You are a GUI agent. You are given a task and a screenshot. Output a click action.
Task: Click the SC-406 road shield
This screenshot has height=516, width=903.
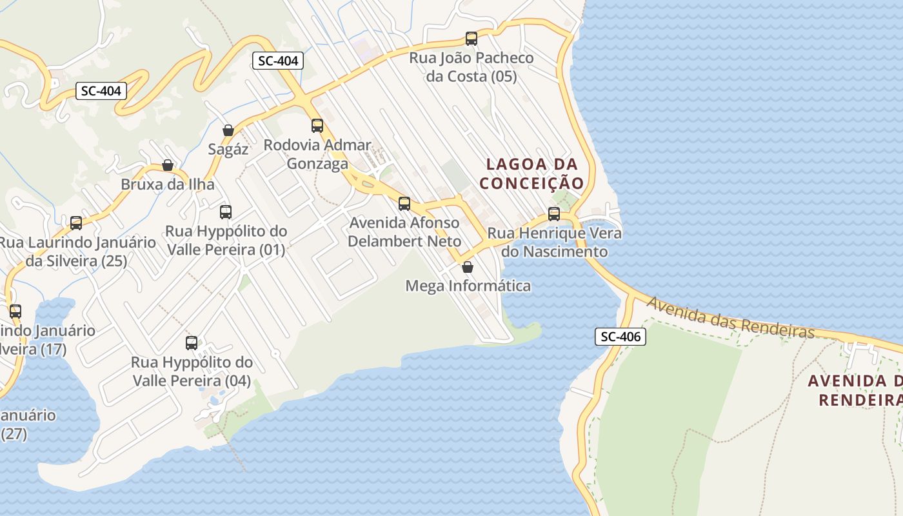[620, 336]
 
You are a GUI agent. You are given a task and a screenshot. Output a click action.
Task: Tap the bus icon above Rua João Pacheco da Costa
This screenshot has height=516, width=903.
[471, 39]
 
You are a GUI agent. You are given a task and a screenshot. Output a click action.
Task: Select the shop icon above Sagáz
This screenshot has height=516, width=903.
[228, 130]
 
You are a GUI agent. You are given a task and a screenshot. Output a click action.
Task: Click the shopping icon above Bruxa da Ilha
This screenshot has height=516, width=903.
[168, 165]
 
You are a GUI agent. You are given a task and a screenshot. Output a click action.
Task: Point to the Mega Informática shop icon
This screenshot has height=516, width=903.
[468, 267]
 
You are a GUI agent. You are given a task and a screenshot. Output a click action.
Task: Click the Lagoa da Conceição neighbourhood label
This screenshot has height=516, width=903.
[531, 174]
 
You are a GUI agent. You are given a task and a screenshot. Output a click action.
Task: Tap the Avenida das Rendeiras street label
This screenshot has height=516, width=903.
[731, 317]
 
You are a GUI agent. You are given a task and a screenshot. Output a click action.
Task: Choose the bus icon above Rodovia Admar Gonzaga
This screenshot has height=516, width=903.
[317, 126]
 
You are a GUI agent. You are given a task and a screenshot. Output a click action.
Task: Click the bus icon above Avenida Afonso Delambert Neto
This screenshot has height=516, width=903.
[404, 204]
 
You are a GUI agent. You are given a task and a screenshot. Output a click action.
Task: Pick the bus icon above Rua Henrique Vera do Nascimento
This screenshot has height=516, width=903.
[554, 214]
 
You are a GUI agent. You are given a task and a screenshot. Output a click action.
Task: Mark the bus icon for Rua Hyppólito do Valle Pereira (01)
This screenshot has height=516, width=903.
[226, 212]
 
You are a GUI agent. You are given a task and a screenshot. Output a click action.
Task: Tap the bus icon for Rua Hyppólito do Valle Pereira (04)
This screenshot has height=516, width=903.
[192, 343]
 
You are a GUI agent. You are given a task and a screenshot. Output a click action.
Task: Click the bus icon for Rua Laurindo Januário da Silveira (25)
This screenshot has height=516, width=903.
[76, 223]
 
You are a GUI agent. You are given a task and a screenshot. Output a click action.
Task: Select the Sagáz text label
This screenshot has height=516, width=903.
[228, 150]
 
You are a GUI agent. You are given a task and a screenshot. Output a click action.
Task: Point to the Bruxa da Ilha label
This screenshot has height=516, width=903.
[168, 184]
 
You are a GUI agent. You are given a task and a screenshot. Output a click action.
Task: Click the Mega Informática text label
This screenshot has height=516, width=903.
[468, 286]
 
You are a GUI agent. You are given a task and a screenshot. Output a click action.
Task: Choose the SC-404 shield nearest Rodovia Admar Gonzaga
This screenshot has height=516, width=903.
[278, 61]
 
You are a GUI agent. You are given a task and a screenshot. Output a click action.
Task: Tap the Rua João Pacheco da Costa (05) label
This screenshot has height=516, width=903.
[471, 67]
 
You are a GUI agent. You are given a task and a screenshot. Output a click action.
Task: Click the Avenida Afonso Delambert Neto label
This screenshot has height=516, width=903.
[404, 232]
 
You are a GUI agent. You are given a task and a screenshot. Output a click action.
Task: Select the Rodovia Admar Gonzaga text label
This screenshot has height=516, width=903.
[317, 154]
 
